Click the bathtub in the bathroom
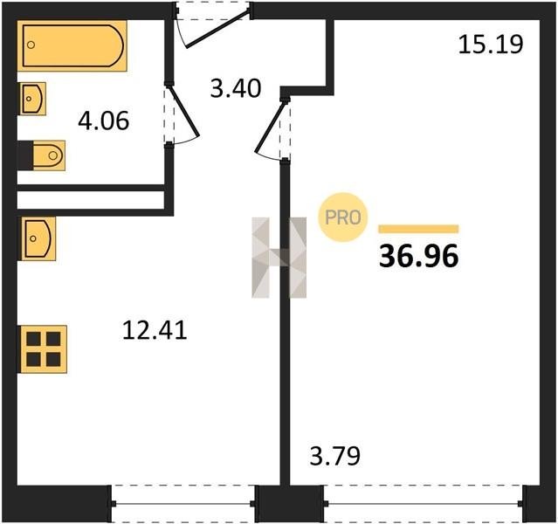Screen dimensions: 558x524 (x=72, y=45)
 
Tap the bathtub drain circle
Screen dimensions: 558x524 (x=31, y=45)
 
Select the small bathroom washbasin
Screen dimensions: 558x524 (x=33, y=99)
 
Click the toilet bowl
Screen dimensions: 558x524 (x=49, y=155)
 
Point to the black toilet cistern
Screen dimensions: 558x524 (x=25, y=155)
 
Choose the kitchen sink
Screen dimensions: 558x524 (x=38, y=238)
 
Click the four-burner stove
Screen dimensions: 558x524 (x=44, y=349)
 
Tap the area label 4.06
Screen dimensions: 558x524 (x=103, y=121)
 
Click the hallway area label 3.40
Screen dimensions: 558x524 (x=236, y=88)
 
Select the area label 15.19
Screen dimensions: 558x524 (x=491, y=45)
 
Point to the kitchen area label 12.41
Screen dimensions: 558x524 (x=155, y=330)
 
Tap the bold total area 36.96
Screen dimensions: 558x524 (x=418, y=257)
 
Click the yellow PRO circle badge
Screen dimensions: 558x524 (x=342, y=217)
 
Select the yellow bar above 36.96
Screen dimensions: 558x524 (x=418, y=229)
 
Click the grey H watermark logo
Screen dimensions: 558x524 (x=279, y=258)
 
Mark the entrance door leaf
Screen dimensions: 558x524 (x=217, y=30)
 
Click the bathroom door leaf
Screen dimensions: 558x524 (x=183, y=110)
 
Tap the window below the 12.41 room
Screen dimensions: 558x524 (x=183, y=504)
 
